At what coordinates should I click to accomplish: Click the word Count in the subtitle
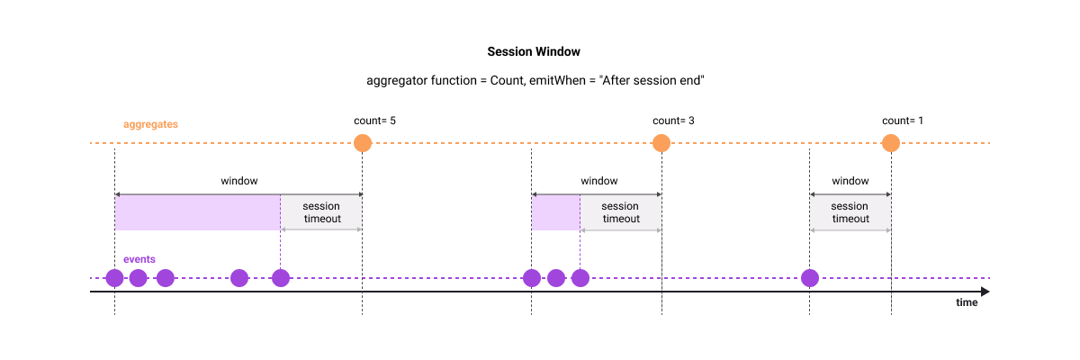pyautogui.click(x=506, y=80)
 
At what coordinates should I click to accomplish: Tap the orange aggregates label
pyautogui.click(x=151, y=122)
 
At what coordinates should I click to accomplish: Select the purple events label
pyautogui.click(x=139, y=259)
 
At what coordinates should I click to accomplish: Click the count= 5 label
pyautogui.click(x=375, y=121)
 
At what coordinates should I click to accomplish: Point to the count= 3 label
pyautogui.click(x=673, y=121)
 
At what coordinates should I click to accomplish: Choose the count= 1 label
pyautogui.click(x=903, y=121)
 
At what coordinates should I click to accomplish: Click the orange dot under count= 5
pyautogui.click(x=363, y=142)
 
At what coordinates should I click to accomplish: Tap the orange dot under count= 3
pyautogui.click(x=661, y=142)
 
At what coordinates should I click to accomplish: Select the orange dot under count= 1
pyautogui.click(x=891, y=142)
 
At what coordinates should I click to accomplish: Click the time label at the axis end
pyautogui.click(x=967, y=303)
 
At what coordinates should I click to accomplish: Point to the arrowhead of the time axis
pyautogui.click(x=985, y=292)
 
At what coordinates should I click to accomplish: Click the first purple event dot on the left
pyautogui.click(x=115, y=277)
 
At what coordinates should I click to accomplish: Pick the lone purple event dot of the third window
pyautogui.click(x=810, y=277)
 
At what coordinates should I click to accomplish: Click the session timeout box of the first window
pyautogui.click(x=321, y=212)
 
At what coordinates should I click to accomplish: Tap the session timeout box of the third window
pyautogui.click(x=850, y=212)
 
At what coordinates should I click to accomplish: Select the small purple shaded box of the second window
pyautogui.click(x=555, y=213)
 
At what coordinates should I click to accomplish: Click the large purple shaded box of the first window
pyautogui.click(x=197, y=213)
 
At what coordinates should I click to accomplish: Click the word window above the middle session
pyautogui.click(x=599, y=181)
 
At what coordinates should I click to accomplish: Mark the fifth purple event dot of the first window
pyautogui.click(x=281, y=277)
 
